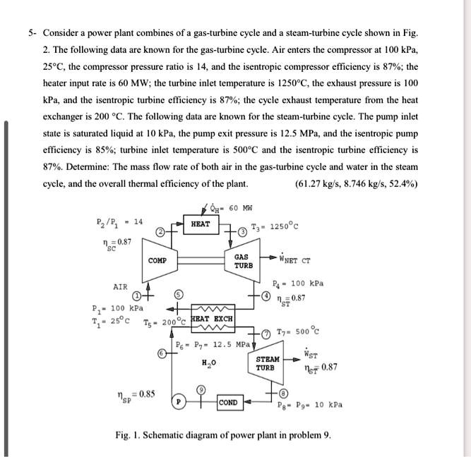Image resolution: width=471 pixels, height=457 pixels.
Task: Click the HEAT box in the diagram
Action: pyautogui.click(x=201, y=224)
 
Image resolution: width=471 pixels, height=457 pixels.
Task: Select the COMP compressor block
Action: pyautogui.click(x=157, y=261)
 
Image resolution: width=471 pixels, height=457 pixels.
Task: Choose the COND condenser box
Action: pyautogui.click(x=227, y=403)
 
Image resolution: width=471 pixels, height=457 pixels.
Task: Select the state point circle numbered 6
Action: pyautogui.click(x=162, y=353)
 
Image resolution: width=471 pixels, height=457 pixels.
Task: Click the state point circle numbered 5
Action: pyautogui.click(x=179, y=295)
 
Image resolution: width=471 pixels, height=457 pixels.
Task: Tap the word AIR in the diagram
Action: pyautogui.click(x=121, y=287)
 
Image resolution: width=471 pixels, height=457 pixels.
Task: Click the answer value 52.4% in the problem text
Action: pyautogui.click(x=403, y=184)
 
